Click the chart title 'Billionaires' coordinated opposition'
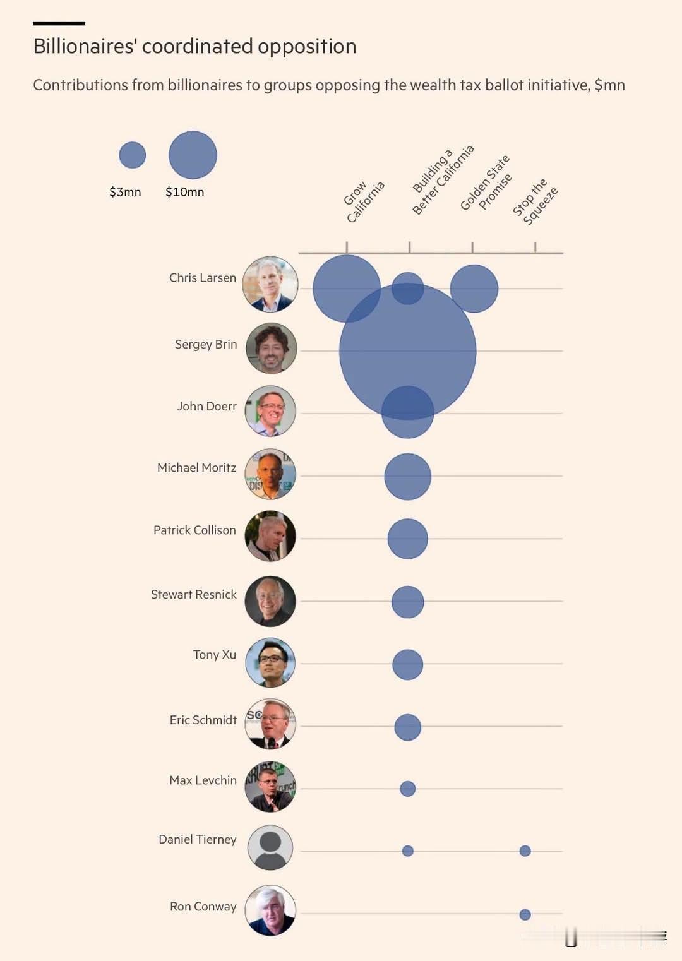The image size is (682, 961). [194, 46]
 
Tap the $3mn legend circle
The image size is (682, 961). [132, 155]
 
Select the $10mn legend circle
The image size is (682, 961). [193, 155]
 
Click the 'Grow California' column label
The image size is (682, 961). [364, 201]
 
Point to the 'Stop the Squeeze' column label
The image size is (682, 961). [535, 201]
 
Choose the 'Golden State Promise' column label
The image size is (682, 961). [486, 182]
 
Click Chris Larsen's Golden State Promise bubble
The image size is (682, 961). [474, 289]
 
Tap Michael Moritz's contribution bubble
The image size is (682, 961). [408, 477]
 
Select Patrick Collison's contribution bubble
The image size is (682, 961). [408, 539]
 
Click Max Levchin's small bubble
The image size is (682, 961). [408, 789]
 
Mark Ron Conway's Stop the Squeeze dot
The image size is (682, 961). [525, 915]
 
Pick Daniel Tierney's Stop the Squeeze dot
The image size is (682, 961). [525, 851]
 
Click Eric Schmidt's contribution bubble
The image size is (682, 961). [408, 727]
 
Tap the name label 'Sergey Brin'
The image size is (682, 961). [206, 345]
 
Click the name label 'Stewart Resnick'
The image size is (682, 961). [194, 594]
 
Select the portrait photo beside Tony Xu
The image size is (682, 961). [270, 663]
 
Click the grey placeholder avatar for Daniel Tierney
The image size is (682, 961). [270, 848]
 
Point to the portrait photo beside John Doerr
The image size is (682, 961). [270, 411]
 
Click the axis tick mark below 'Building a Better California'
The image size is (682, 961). [409, 247]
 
